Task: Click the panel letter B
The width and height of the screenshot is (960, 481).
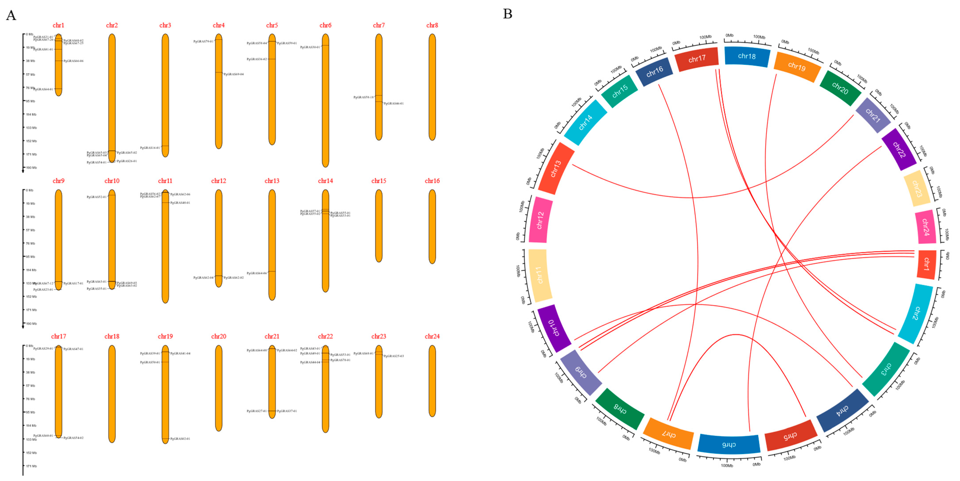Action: (508, 14)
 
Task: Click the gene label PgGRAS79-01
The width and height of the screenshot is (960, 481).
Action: (204, 41)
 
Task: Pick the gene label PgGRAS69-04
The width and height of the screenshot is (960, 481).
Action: (234, 74)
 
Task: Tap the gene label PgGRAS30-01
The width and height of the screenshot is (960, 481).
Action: (310, 47)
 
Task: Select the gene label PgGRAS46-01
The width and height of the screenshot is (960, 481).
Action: (394, 104)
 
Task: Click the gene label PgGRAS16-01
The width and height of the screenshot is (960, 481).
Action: (150, 148)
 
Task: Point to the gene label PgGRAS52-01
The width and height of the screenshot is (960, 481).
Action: (97, 197)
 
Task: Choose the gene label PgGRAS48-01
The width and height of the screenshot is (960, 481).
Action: (180, 203)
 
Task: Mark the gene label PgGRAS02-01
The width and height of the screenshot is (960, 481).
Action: (180, 439)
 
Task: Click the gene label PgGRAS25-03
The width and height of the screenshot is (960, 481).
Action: (394, 356)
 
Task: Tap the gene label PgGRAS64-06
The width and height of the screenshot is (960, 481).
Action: (257, 273)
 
